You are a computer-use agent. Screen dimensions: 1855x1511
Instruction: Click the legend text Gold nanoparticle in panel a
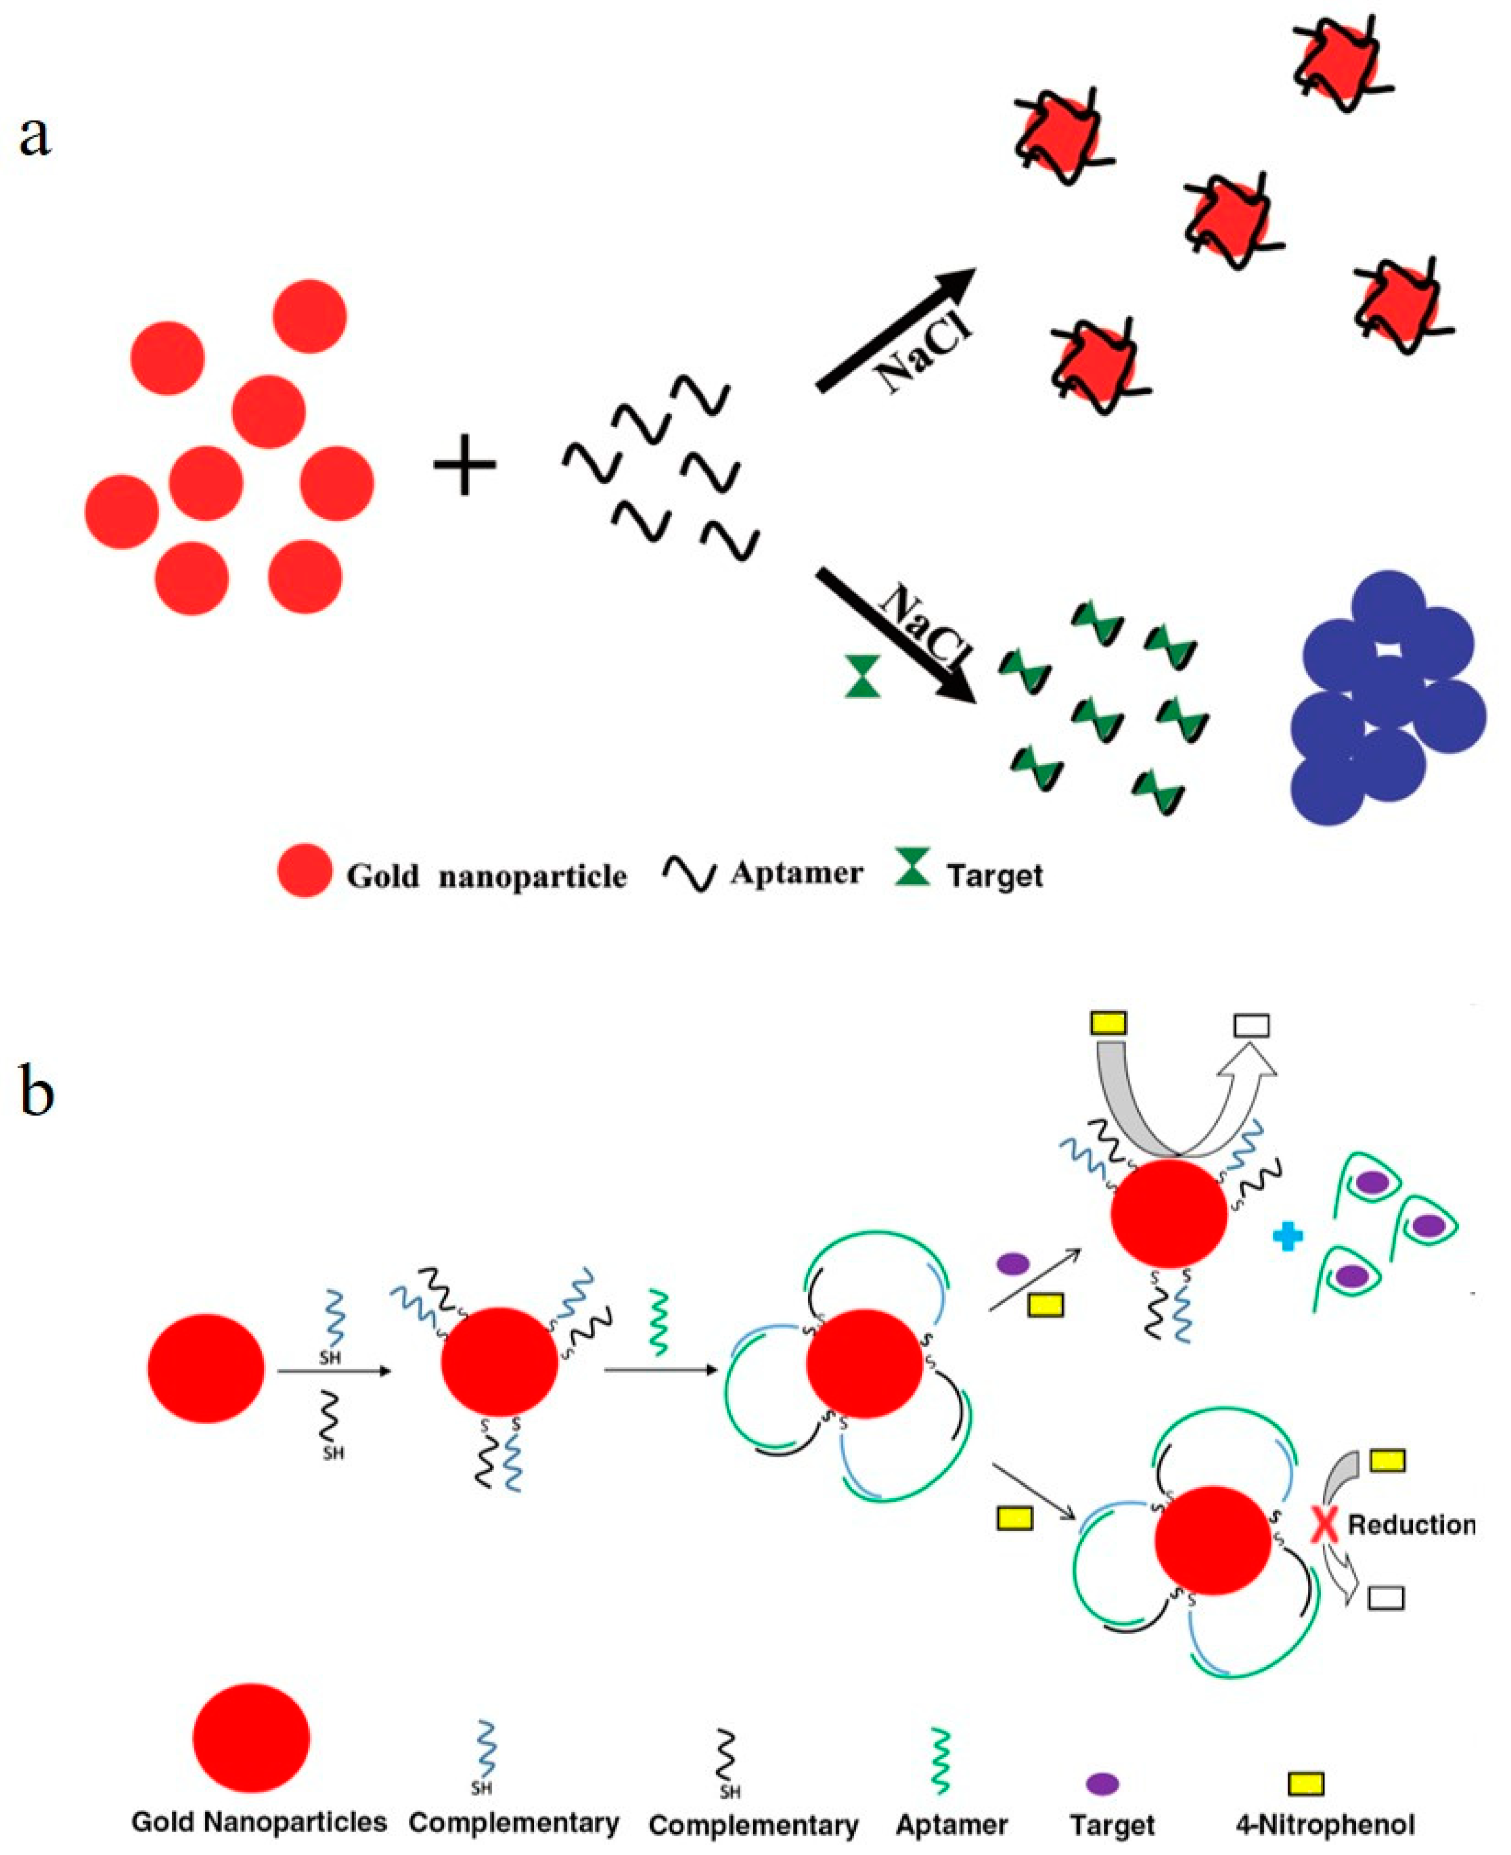coord(486,876)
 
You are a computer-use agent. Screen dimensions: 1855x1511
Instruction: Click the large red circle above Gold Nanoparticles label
coord(251,1738)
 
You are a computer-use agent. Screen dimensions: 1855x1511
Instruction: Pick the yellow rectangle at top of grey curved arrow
coord(1108,1023)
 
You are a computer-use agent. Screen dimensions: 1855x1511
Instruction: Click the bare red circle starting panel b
coord(205,1368)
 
